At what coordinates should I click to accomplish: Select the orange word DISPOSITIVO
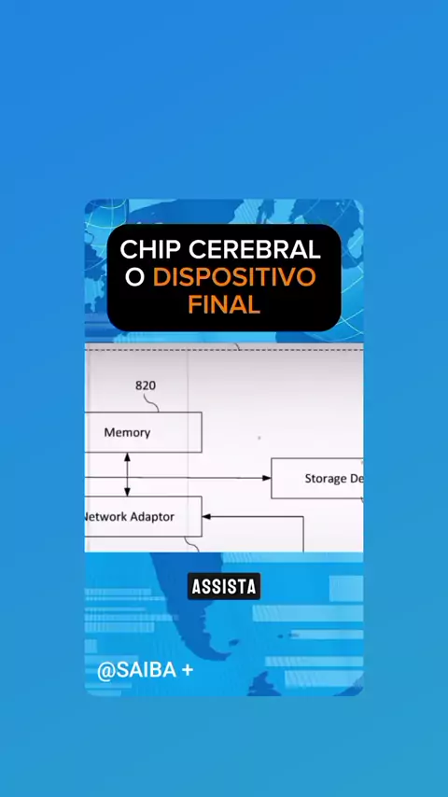point(234,277)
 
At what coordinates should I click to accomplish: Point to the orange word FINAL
point(224,304)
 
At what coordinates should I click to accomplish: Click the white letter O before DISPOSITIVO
point(135,277)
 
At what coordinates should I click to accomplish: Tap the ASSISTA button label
point(224,587)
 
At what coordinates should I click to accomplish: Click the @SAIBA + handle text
point(145,670)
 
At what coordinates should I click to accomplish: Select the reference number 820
point(146,385)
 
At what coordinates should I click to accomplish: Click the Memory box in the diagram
point(143,432)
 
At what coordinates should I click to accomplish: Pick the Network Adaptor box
point(143,516)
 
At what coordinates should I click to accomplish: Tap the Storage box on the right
point(317,479)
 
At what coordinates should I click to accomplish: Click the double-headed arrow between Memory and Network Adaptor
point(127,474)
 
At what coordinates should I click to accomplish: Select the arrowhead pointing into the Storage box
point(266,478)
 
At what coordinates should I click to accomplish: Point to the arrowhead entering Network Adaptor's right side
point(206,517)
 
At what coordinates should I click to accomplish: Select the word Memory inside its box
point(127,432)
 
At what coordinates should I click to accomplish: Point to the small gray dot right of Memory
point(259,437)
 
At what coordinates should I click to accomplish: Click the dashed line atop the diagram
point(224,350)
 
